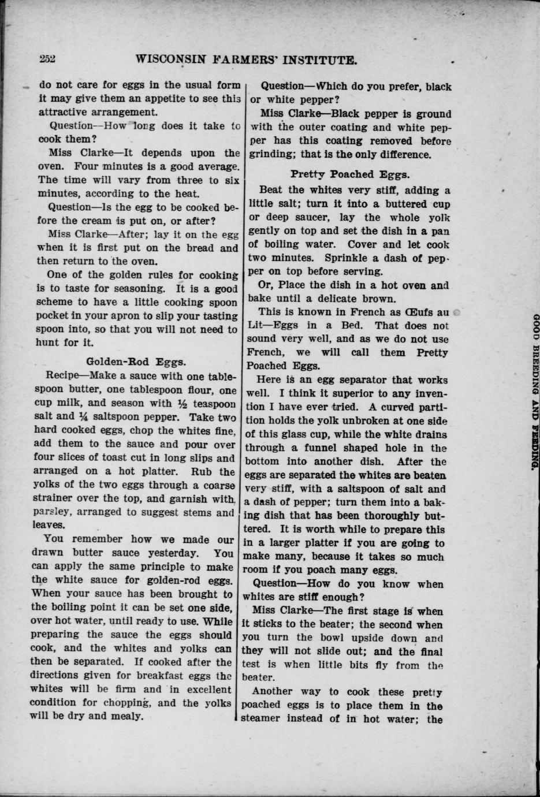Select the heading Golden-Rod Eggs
[x=136, y=362]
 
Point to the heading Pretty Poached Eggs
[x=350, y=174]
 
